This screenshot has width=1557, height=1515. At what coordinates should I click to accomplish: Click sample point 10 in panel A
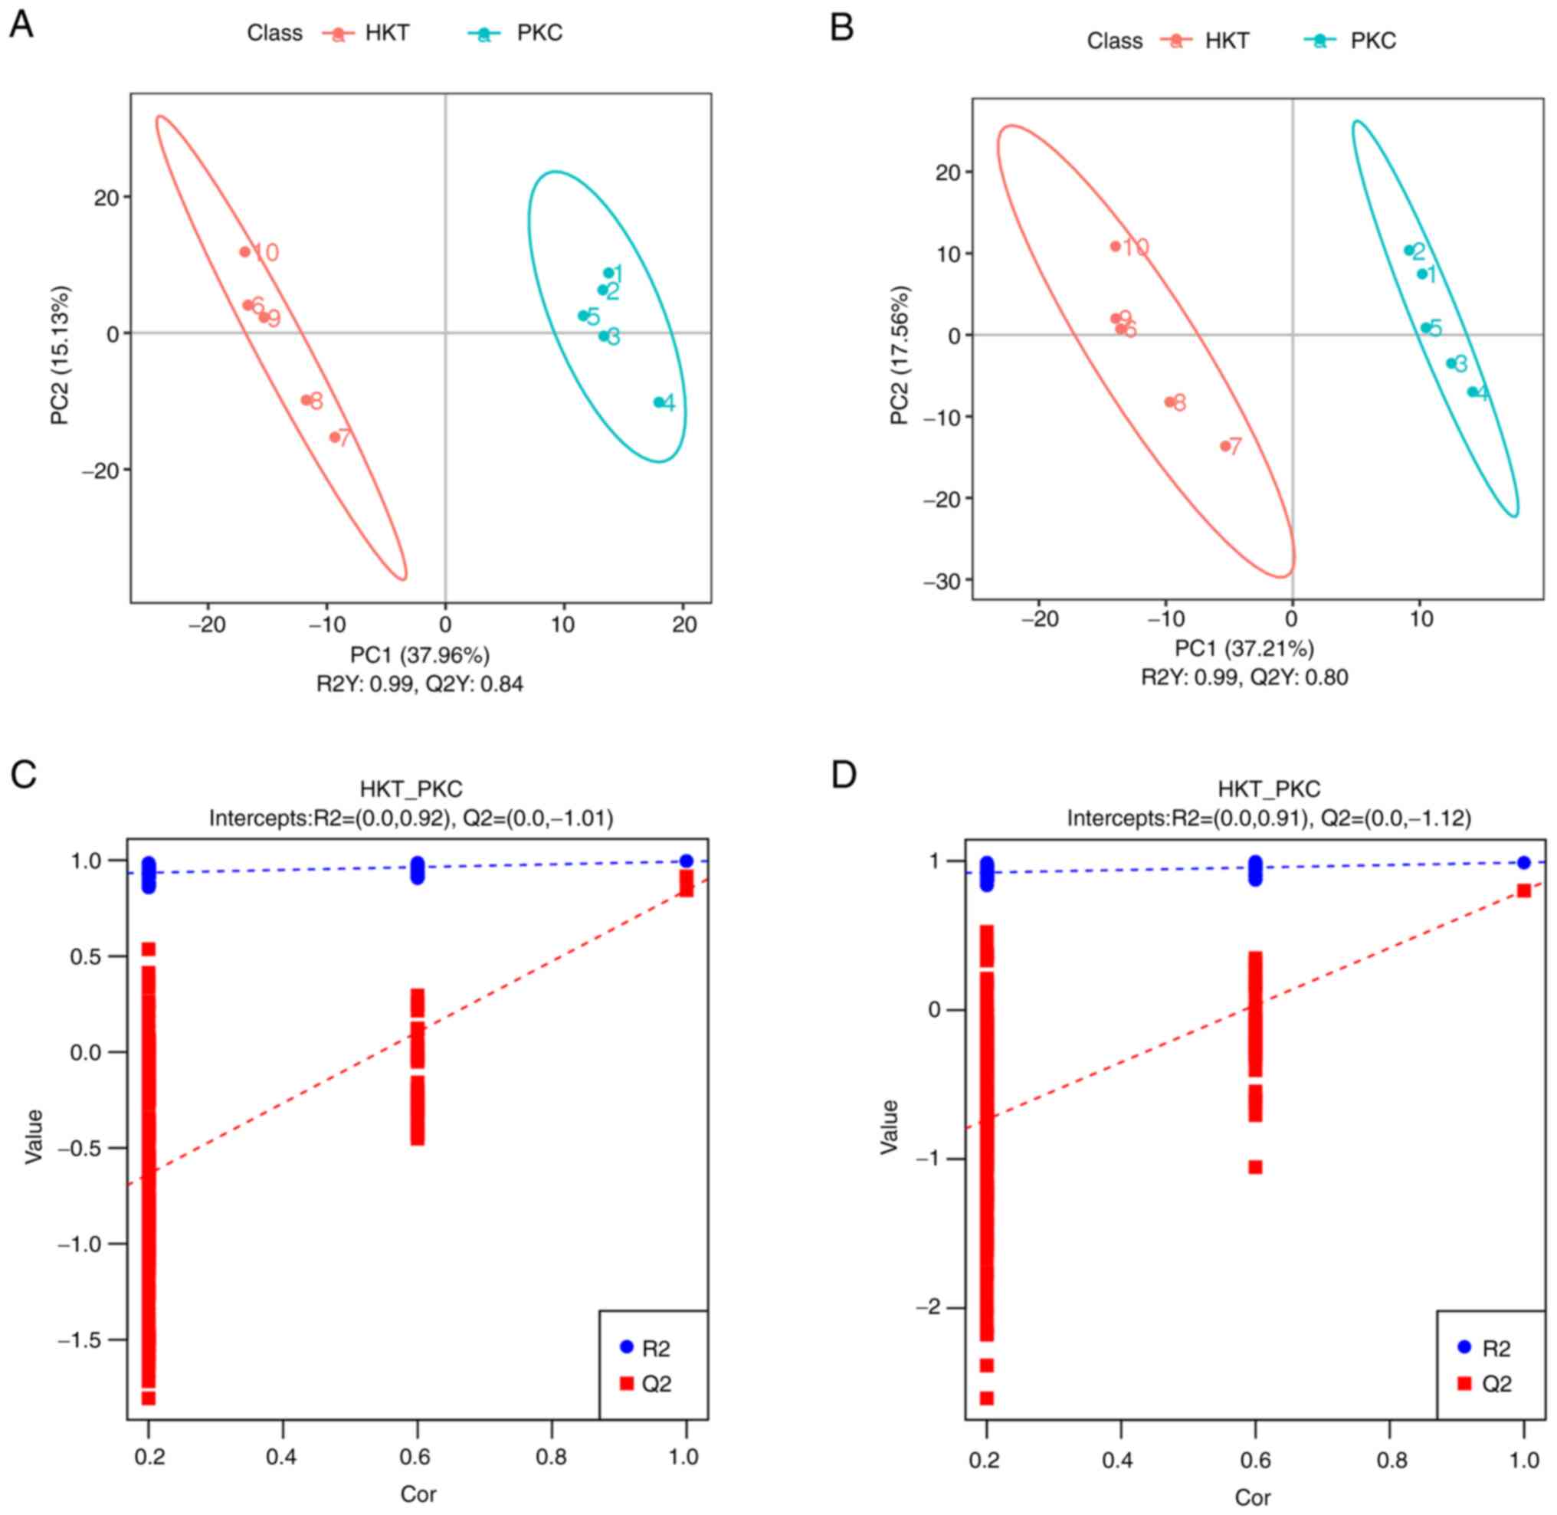(245, 252)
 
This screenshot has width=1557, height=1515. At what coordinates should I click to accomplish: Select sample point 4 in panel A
(659, 402)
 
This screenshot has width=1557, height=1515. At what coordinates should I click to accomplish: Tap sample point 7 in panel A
(335, 437)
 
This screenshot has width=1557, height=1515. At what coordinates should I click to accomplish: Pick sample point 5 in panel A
(582, 316)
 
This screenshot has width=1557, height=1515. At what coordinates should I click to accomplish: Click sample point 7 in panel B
(1225, 447)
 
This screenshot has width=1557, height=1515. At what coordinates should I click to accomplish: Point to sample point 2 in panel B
(1408, 251)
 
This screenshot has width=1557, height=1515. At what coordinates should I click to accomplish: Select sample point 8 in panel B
(1169, 402)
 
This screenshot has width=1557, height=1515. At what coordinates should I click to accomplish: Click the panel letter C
(24, 774)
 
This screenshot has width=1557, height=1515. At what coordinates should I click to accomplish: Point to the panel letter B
(841, 28)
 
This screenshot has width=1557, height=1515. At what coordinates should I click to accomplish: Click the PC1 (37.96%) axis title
(420, 655)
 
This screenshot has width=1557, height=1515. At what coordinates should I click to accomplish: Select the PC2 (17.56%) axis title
(900, 355)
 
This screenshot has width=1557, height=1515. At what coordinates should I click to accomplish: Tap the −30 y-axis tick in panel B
(941, 582)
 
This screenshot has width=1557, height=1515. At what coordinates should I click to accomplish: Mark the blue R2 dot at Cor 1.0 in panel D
(1523, 863)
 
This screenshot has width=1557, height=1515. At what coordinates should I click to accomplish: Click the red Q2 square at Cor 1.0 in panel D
(1523, 890)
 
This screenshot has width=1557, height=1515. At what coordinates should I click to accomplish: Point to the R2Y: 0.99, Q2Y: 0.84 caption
(420, 684)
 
